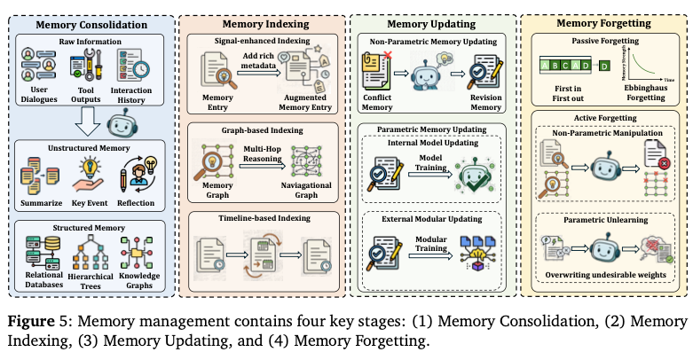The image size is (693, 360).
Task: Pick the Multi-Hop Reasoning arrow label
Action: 264,157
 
